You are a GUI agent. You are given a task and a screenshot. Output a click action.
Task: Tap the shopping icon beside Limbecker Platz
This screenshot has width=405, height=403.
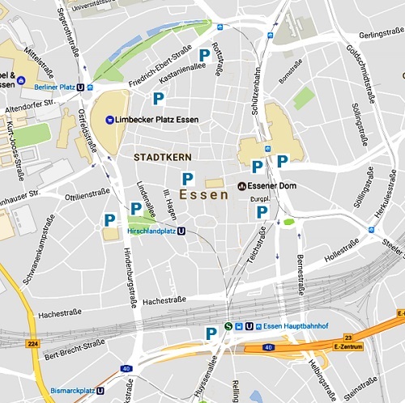[109, 120]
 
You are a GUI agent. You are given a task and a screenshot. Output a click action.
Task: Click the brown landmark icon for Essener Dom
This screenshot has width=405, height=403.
[242, 185]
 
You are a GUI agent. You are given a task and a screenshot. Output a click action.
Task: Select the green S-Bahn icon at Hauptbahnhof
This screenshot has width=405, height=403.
[229, 327]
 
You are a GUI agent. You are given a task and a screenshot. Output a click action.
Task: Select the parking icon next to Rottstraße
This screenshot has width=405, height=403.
[205, 54]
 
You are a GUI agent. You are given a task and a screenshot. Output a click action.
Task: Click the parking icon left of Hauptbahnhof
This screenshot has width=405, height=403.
[211, 332]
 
